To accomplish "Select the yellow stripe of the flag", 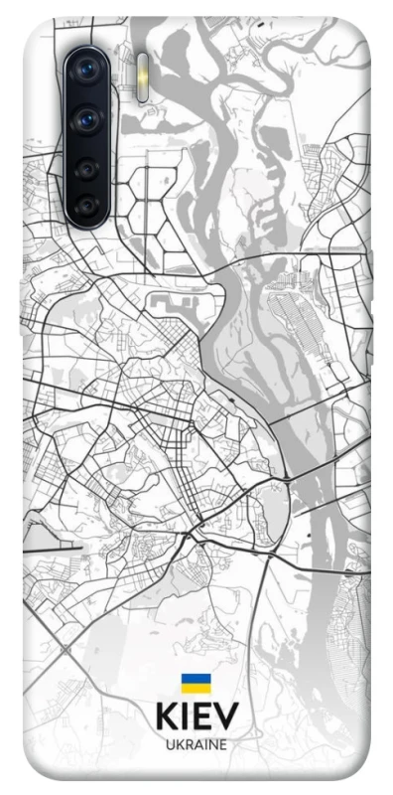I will tap(196, 688).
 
